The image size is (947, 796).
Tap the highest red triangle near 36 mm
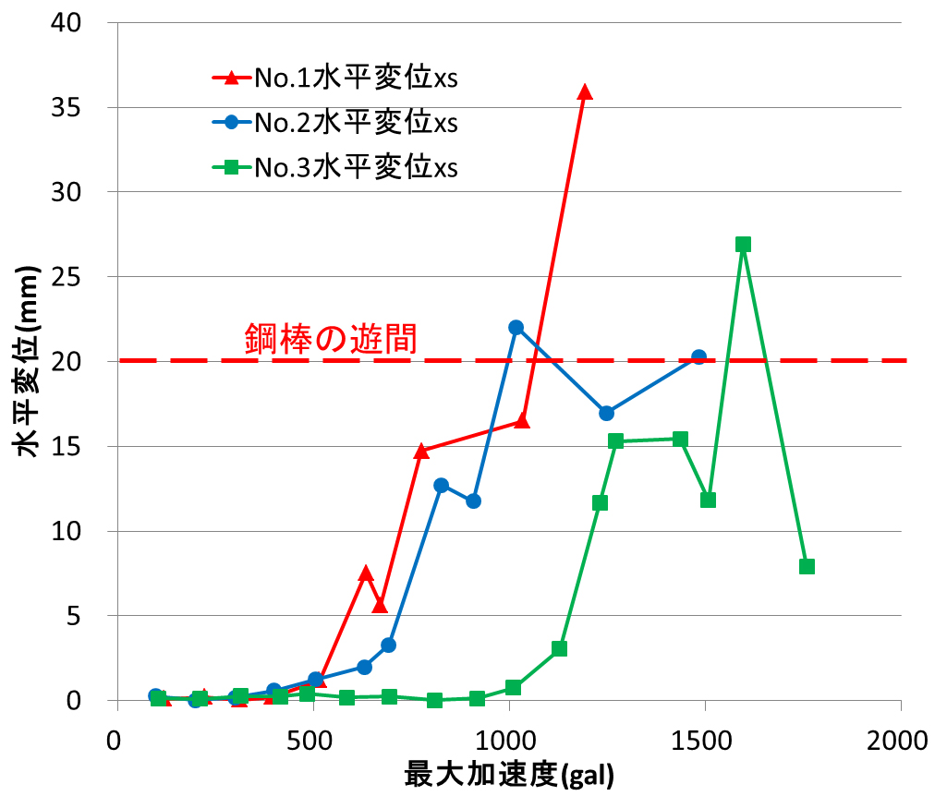pyautogui.click(x=584, y=91)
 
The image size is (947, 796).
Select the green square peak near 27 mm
pyautogui.click(x=743, y=245)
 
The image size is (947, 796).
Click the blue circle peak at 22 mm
pyautogui.click(x=516, y=328)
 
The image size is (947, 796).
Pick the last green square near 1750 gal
pyautogui.click(x=807, y=566)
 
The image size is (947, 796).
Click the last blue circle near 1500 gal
pyautogui.click(x=698, y=357)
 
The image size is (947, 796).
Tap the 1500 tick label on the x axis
pyautogui.click(x=704, y=741)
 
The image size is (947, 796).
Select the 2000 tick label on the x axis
pyautogui.click(x=900, y=741)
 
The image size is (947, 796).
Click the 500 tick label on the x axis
pyautogui.click(x=312, y=741)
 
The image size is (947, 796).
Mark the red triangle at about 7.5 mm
pyautogui.click(x=366, y=573)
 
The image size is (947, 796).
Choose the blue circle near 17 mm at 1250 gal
pyautogui.click(x=606, y=413)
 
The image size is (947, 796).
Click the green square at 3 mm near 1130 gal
pyautogui.click(x=559, y=648)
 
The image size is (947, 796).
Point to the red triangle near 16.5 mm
pyautogui.click(x=522, y=421)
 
